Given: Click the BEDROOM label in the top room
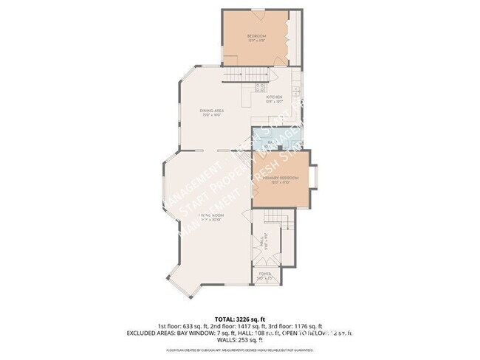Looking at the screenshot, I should tap(256, 36).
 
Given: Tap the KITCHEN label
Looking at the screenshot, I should tap(274, 97).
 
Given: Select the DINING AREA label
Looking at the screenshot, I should tap(212, 111).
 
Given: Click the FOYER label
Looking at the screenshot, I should tap(264, 274).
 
